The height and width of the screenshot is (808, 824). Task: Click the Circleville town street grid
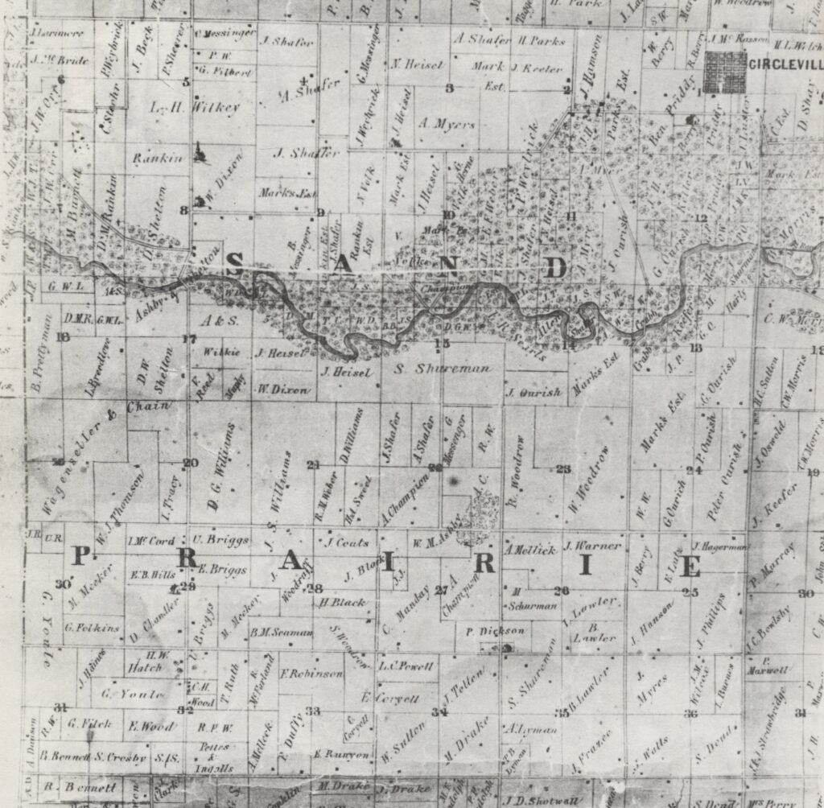tap(724, 73)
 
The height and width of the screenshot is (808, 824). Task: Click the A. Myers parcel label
tap(447, 124)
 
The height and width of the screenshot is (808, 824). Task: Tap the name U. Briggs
tap(221, 539)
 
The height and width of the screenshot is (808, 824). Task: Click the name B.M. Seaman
tap(281, 632)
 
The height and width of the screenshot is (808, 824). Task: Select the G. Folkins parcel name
tap(92, 627)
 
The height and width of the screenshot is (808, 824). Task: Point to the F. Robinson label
tap(311, 673)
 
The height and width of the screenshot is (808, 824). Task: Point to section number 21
tap(313, 465)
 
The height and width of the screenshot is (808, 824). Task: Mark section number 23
tap(563, 468)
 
